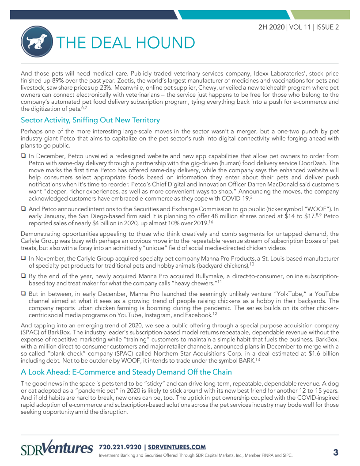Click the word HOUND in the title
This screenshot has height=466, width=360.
(166, 43)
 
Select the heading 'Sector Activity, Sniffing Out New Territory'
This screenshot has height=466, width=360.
(90, 120)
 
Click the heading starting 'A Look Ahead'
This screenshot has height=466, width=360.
(129, 372)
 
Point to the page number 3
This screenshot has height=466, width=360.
(335, 452)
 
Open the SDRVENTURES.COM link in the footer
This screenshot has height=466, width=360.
(177, 447)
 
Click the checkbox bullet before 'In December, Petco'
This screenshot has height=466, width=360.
(23, 156)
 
